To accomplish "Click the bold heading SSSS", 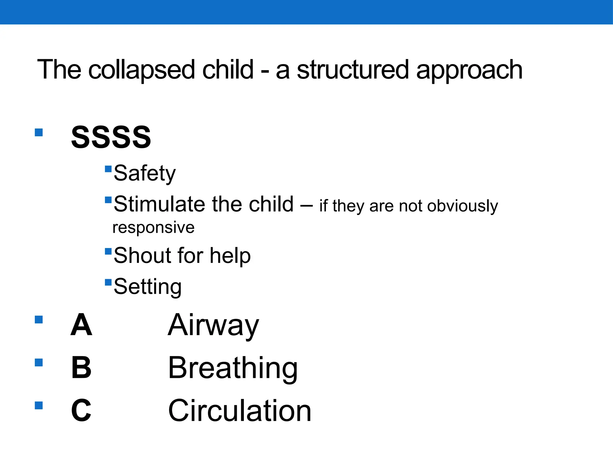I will [x=111, y=137].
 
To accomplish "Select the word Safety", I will [x=145, y=173].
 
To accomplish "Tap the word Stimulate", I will [x=160, y=204].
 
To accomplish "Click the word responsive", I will [x=154, y=228].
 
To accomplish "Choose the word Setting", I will [x=148, y=287].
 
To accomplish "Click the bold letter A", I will [x=81, y=325].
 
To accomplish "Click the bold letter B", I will [x=81, y=367].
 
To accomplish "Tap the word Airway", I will [x=213, y=325].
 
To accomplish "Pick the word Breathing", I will [x=233, y=368].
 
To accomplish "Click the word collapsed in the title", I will [x=142, y=70].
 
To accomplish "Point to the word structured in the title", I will [x=353, y=70].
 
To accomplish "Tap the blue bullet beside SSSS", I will [x=39, y=132].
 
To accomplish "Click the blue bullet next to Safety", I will [x=108, y=169].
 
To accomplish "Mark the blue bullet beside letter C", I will [x=39, y=405].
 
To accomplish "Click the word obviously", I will [x=462, y=206].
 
